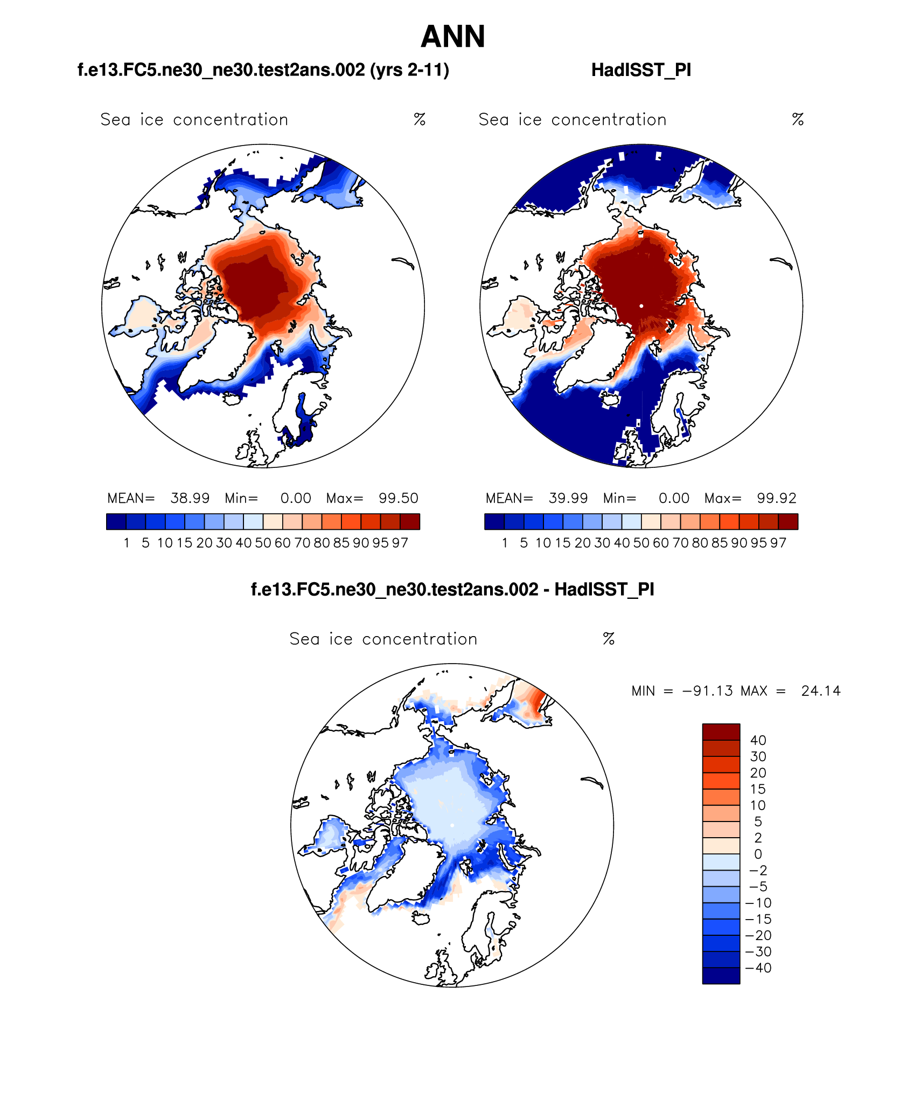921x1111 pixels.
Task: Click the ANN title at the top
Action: pos(453,37)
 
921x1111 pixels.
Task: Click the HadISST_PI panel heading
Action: pos(641,70)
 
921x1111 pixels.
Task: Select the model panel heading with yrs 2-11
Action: pos(263,70)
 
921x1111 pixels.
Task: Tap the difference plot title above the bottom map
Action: pos(452,589)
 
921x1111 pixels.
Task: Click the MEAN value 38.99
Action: pos(190,498)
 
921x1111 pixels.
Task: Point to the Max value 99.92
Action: pos(777,498)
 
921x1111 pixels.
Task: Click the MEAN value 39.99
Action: pos(568,498)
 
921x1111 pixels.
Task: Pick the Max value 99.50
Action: pos(399,498)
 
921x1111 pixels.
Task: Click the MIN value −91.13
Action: pos(707,691)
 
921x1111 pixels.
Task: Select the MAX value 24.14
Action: pos(821,691)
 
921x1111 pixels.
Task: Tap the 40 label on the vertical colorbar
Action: pos(758,741)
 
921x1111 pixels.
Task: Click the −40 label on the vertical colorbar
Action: pos(758,968)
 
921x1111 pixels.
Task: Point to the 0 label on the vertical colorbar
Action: pos(758,854)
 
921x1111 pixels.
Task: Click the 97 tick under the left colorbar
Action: pos(400,543)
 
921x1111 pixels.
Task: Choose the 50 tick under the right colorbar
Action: pos(641,543)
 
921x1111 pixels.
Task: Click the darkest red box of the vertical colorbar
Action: pos(721,732)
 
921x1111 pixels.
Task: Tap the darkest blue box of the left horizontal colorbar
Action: pos(116,522)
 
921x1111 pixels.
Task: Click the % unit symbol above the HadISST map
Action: pos(798,120)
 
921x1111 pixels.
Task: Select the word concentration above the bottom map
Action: pos(420,639)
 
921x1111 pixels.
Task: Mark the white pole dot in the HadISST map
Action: pos(641,306)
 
